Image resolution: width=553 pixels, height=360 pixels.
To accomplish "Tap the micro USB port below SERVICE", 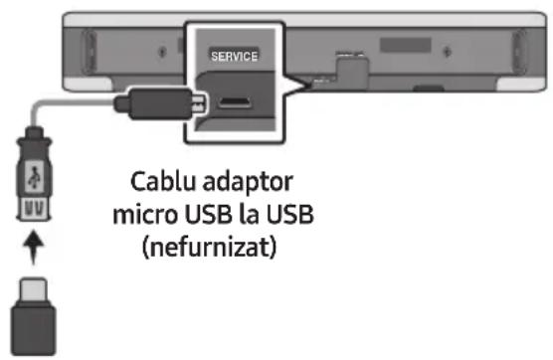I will pos(235,102).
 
